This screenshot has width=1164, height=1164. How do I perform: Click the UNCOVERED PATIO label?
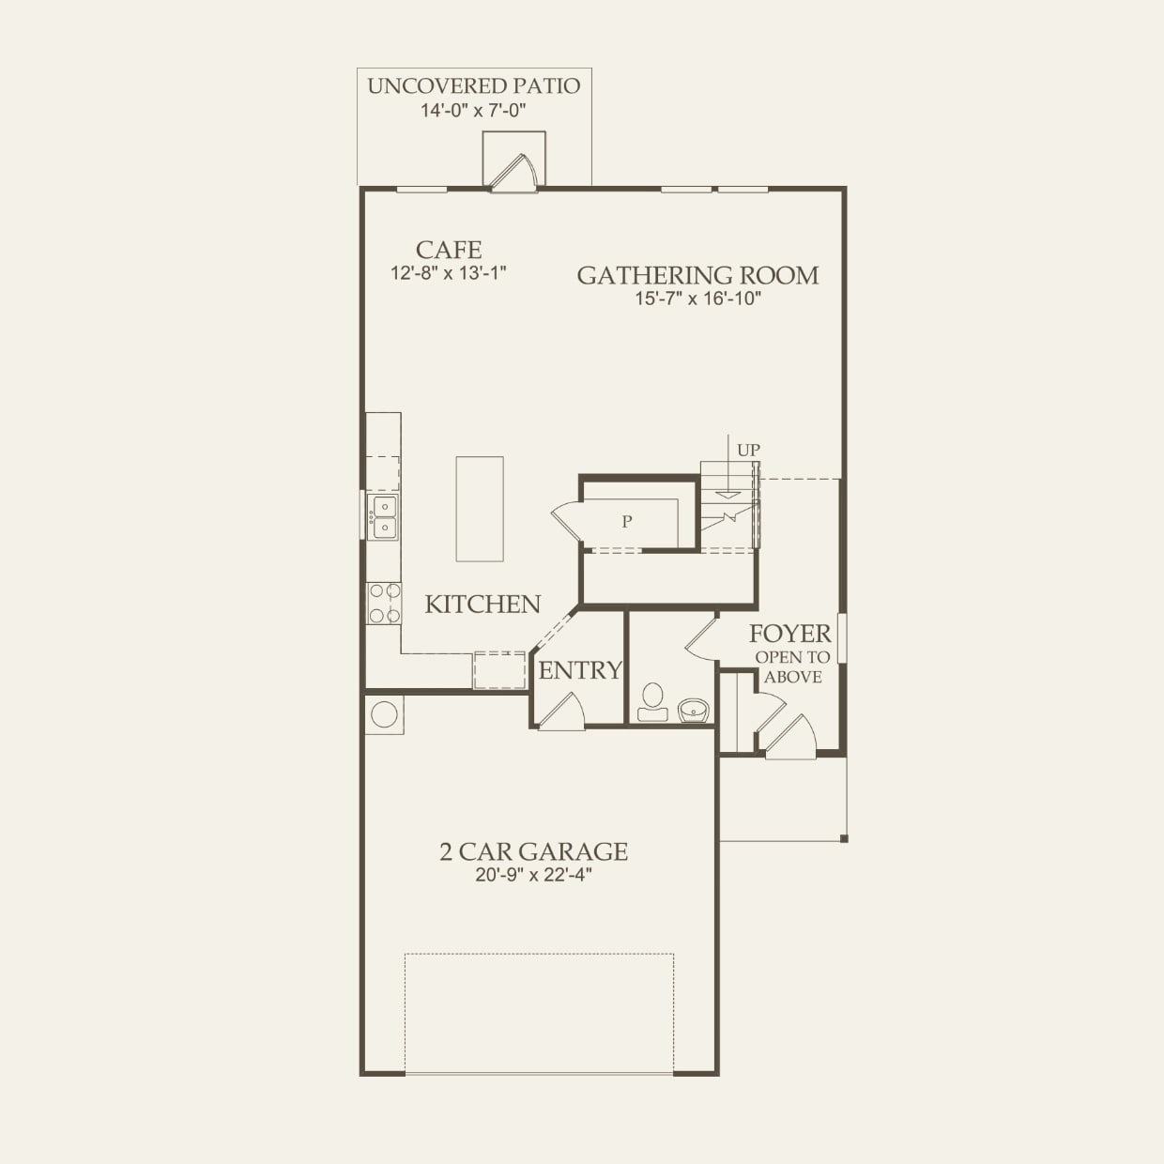coord(473,86)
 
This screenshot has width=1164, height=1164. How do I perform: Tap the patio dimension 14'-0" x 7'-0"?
coord(473,111)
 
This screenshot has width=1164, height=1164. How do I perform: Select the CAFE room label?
coord(448,250)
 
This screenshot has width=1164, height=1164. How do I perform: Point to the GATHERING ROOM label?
coord(697,275)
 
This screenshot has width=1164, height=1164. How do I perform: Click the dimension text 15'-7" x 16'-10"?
coord(697,299)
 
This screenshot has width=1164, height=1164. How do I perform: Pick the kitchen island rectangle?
coord(480,509)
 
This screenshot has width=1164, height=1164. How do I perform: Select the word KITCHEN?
coord(482,605)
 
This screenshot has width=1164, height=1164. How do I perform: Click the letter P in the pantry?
coord(627,521)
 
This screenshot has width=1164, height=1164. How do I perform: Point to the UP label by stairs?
coord(748,450)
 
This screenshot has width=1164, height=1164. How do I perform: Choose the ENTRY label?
coord(580,670)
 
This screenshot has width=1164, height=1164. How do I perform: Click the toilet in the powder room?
coord(652,702)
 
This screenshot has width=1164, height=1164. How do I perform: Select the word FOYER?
coord(790,635)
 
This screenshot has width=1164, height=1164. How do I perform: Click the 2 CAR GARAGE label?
coord(533,851)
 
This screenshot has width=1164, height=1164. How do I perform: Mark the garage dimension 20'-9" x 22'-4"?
coord(533,875)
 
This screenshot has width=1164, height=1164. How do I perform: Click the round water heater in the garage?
coord(384,714)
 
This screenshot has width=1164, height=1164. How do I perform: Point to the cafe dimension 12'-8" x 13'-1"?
coord(448,273)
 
